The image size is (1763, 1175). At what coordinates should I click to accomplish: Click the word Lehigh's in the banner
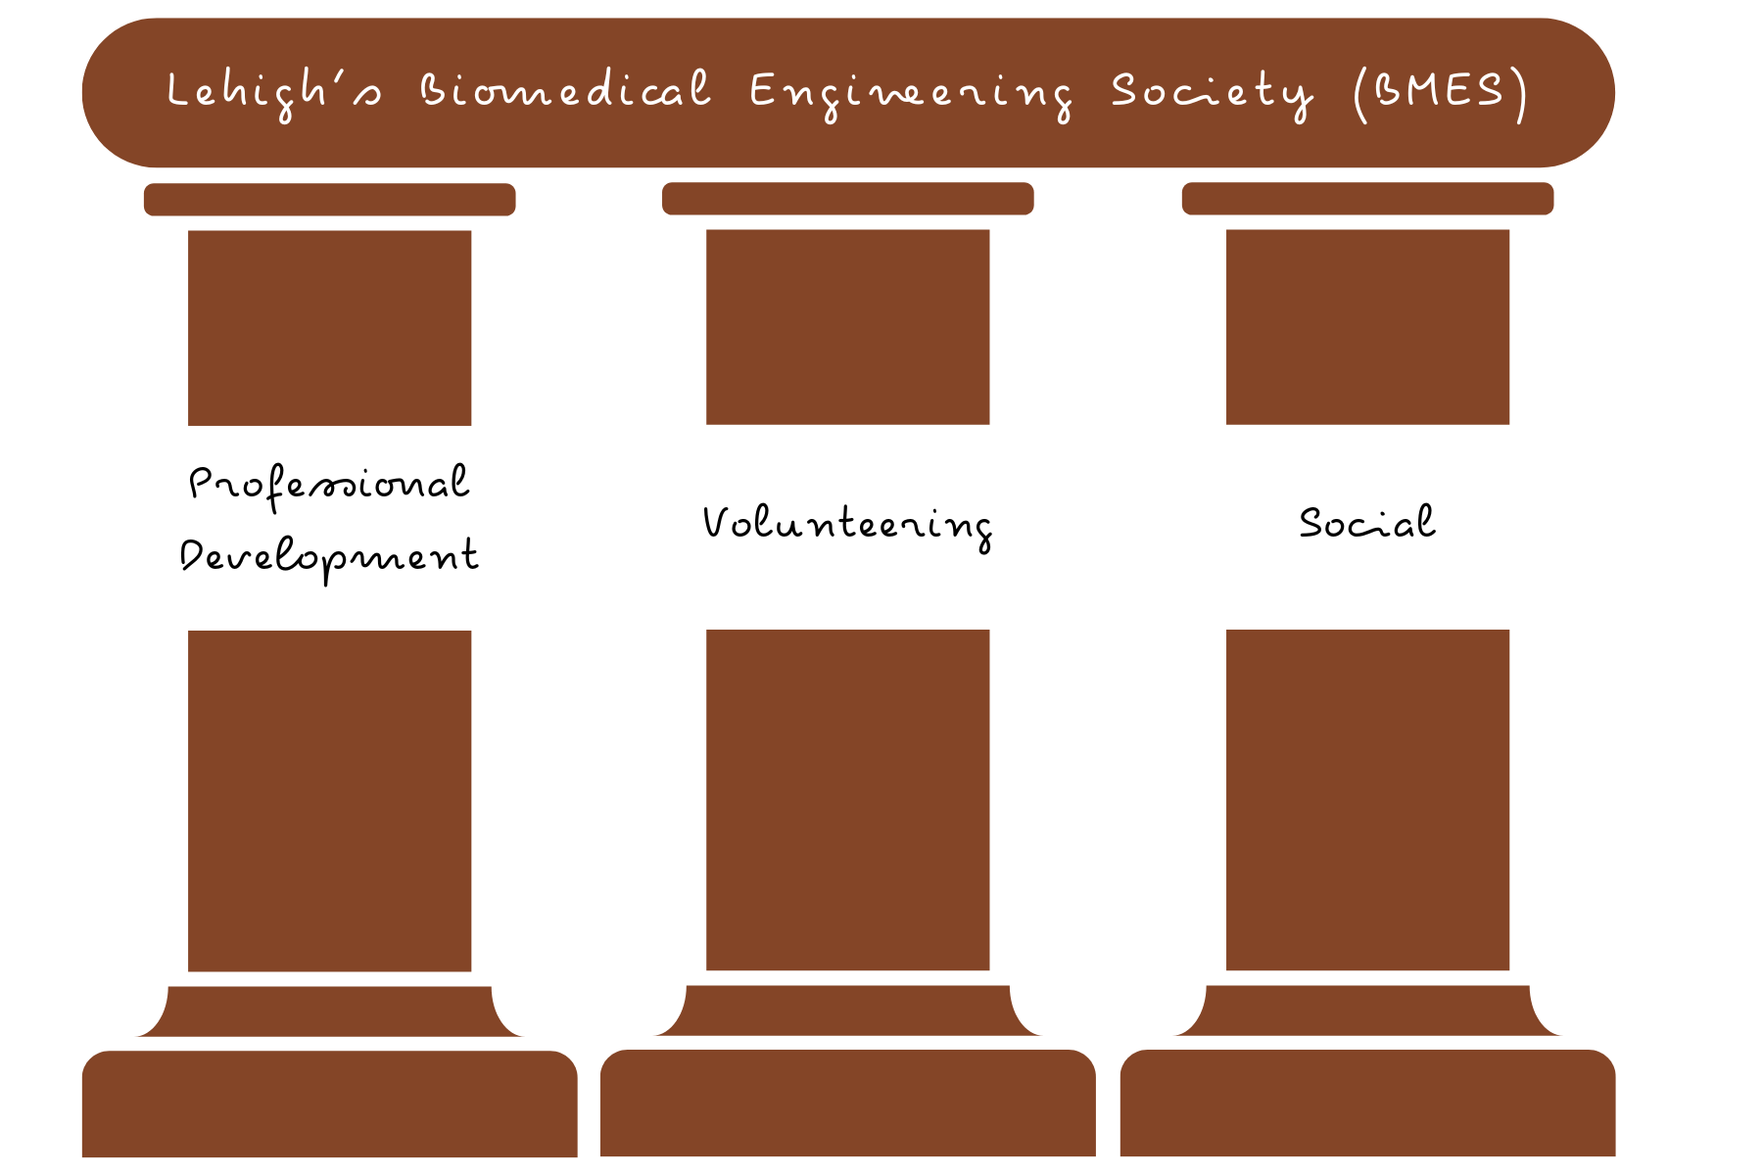pos(274,91)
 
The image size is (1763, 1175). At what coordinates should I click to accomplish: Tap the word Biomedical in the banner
pos(565,90)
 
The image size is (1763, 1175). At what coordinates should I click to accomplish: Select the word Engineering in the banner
pos(911,93)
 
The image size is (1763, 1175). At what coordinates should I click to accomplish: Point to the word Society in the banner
pos(1211,93)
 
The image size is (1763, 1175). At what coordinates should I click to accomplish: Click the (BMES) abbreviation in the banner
pos(1440,92)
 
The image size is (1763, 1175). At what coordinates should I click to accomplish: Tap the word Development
pos(329,557)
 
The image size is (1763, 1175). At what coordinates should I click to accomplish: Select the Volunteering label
pos(847,524)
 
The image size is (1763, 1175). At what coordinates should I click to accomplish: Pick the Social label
pos(1367,522)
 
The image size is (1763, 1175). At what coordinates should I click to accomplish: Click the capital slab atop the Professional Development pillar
pos(329,199)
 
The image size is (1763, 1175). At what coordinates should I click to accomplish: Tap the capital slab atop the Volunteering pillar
pos(847,198)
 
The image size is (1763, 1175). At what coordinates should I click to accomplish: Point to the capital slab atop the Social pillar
pos(1367,198)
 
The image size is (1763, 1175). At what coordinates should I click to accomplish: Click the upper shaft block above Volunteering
pos(847,326)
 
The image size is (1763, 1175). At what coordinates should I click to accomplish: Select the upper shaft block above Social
pos(1367,326)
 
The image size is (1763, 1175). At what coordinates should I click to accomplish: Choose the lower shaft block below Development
pos(329,800)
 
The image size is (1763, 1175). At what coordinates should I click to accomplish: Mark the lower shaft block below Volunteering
pos(847,799)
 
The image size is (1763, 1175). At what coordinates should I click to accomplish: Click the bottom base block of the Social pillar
pos(1367,1103)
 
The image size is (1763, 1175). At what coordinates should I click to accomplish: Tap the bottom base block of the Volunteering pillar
pos(847,1103)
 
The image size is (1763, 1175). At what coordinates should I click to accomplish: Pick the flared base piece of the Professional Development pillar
pos(329,1011)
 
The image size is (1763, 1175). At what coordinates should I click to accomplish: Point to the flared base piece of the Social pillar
pos(1367,1010)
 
